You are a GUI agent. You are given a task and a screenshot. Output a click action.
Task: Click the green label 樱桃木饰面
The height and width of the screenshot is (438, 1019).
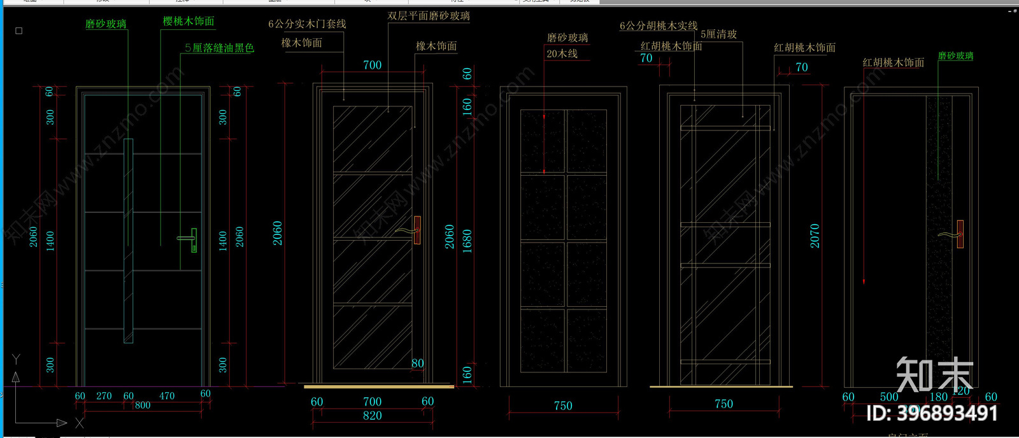[x=189, y=22]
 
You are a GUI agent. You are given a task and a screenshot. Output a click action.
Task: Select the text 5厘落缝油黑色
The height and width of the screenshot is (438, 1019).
[x=219, y=48]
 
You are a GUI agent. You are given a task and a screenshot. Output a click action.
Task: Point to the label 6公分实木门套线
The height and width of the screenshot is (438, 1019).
[x=307, y=24]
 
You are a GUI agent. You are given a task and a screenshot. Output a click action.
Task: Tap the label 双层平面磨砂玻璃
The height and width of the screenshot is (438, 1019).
[x=429, y=16]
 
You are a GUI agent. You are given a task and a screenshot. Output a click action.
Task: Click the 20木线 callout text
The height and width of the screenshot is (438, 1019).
[x=562, y=54]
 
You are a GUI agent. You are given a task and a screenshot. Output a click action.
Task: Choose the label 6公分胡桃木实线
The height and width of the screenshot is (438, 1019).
[x=659, y=26]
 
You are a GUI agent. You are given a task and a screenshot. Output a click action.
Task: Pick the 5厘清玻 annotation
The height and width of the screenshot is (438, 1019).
[x=718, y=34]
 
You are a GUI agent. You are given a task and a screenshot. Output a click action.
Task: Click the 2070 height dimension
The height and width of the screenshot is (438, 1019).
[x=815, y=236]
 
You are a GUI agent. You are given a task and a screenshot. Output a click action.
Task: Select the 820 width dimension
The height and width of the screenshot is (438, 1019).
[x=373, y=416]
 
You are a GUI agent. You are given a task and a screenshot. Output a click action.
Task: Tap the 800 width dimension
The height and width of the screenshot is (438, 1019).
[x=143, y=406]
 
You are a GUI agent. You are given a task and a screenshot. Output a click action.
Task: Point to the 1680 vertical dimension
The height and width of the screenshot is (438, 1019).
[x=467, y=242]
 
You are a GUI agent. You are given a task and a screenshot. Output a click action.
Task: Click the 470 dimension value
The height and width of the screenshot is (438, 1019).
[x=167, y=396]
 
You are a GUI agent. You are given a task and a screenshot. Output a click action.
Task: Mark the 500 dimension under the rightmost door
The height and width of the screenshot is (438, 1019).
[x=889, y=397]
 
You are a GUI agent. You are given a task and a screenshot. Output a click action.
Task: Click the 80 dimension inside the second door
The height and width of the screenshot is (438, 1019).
[x=417, y=364]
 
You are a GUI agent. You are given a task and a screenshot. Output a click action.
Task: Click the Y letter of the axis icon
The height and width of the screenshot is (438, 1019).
[x=16, y=360]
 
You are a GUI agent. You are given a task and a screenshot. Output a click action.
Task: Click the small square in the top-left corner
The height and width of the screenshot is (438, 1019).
[x=18, y=31]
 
